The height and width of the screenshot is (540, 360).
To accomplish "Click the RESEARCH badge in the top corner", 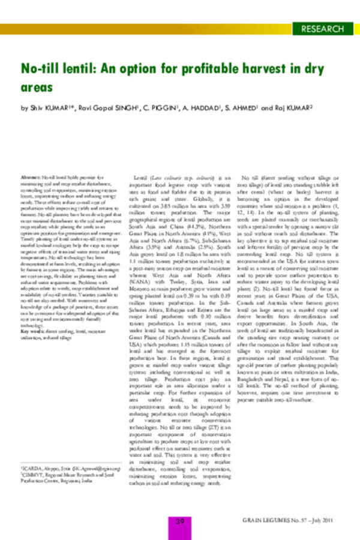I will click(x=323, y=28).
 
